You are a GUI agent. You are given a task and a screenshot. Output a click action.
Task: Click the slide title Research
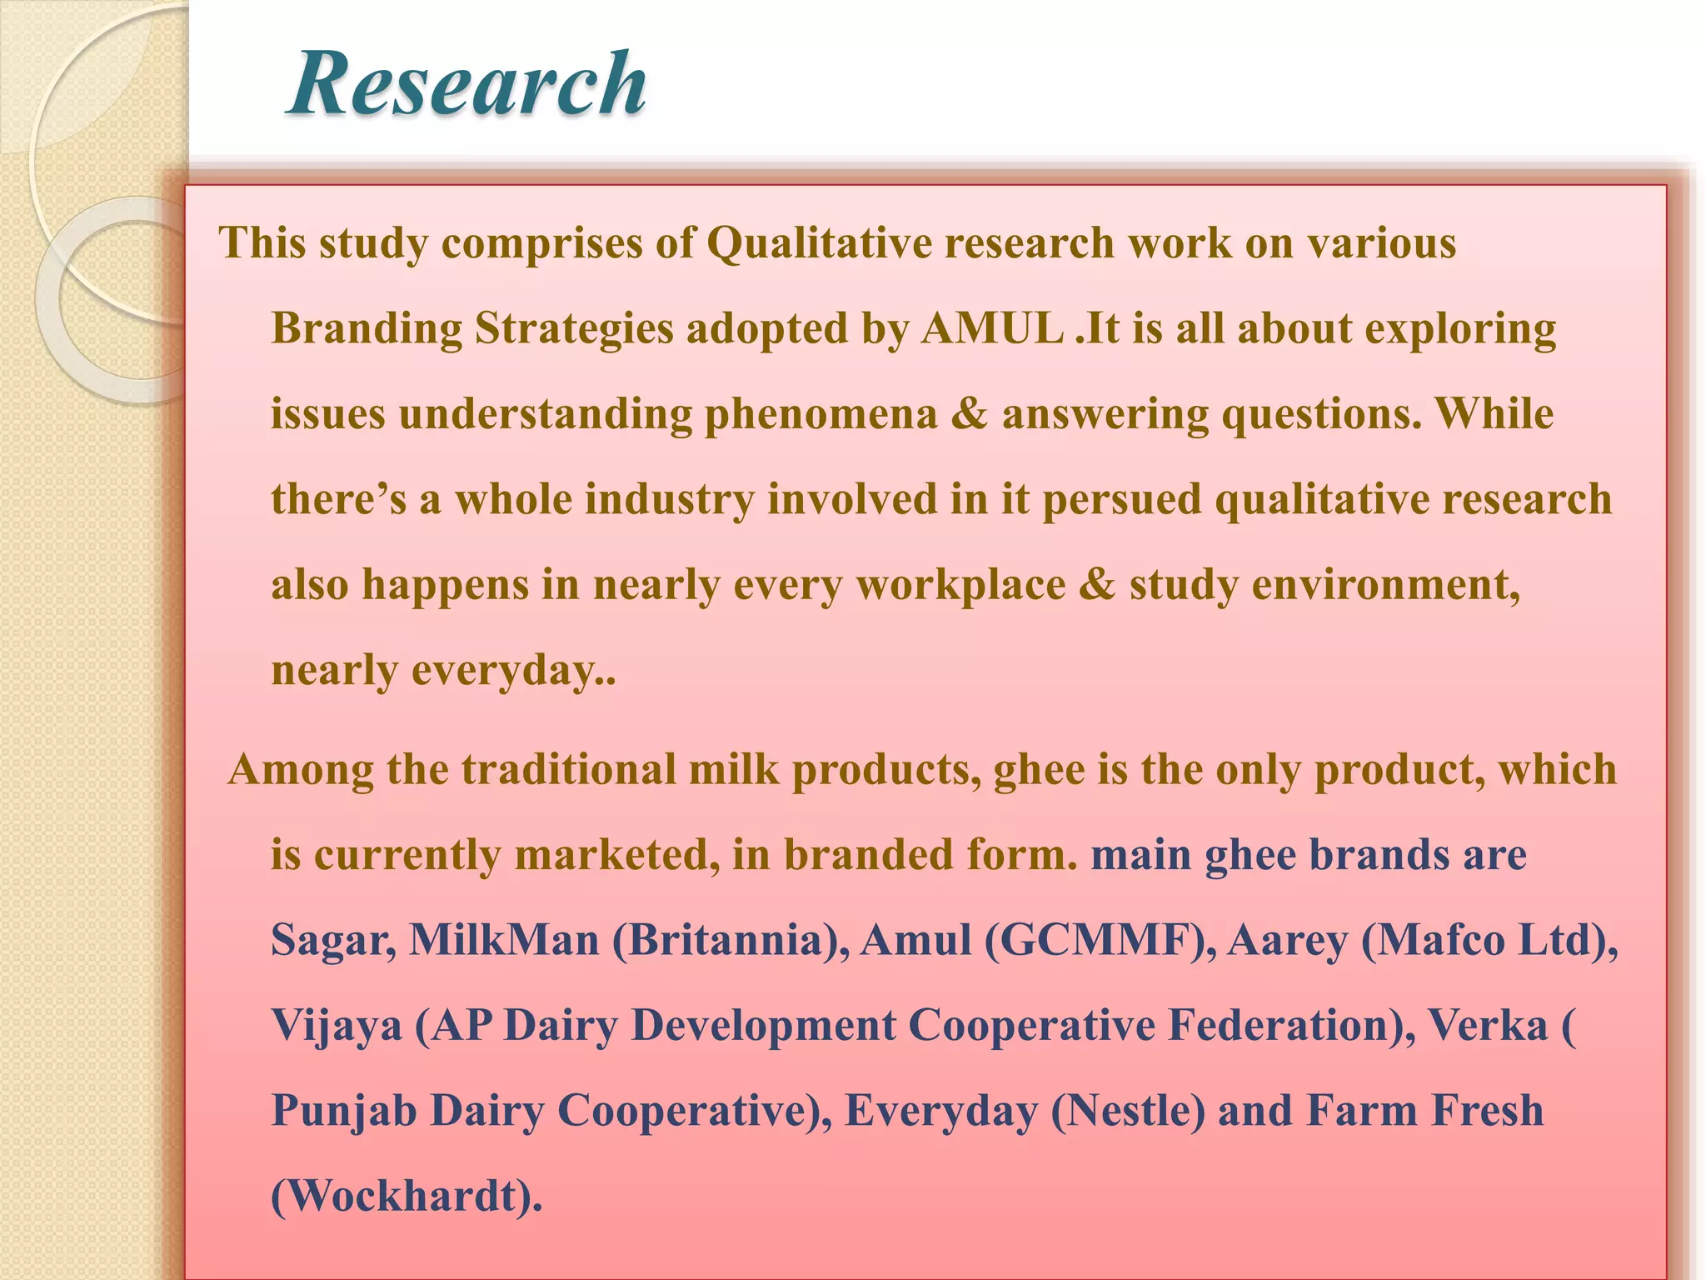tap(466, 83)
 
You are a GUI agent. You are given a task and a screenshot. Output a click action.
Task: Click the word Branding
tap(366, 328)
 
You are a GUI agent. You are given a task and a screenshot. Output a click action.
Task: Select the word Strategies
tap(574, 328)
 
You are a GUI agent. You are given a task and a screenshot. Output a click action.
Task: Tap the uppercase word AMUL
tap(992, 328)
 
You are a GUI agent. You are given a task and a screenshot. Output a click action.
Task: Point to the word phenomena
tap(821, 414)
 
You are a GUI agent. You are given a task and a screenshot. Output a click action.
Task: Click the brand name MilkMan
tap(504, 941)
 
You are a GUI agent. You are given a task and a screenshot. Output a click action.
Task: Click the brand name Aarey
tap(1287, 941)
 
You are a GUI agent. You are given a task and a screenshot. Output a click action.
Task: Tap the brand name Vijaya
tap(337, 1026)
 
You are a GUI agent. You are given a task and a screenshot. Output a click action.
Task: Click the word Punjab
tap(344, 1112)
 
